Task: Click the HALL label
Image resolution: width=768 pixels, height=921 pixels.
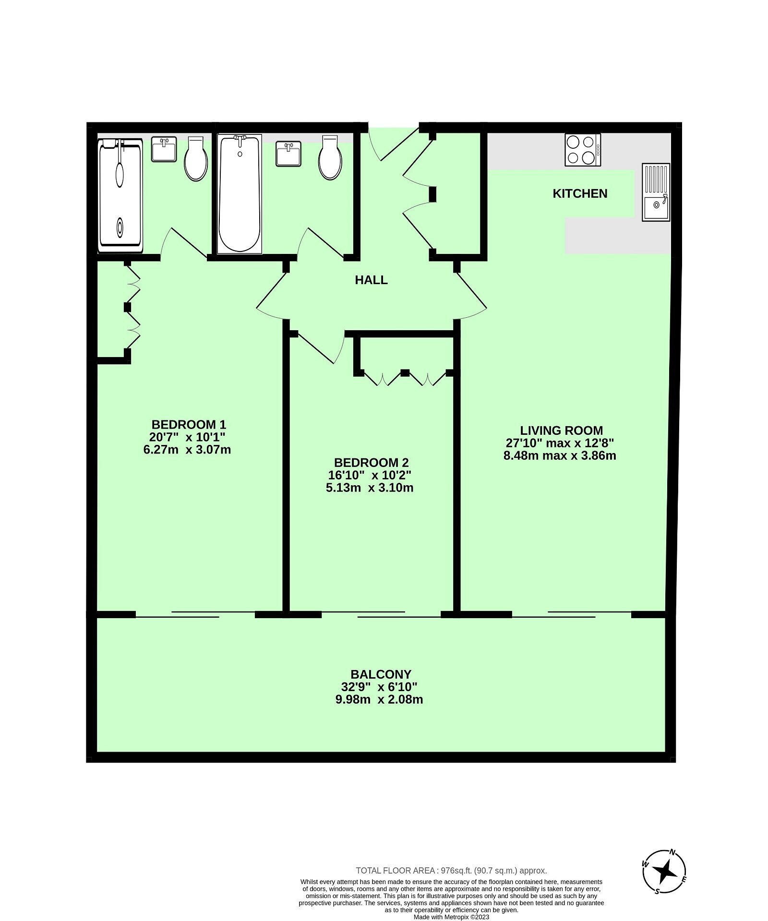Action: click(x=371, y=280)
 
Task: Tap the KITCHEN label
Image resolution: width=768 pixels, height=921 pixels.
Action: click(x=580, y=193)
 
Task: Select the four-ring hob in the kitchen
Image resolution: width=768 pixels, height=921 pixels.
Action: click(x=583, y=150)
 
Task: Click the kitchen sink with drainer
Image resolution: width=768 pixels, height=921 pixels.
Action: click(x=656, y=192)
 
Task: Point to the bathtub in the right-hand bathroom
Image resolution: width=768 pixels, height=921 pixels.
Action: click(x=240, y=194)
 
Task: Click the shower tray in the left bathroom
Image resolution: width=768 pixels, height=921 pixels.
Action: click(x=120, y=195)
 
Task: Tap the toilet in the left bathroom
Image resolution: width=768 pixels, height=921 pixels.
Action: click(x=196, y=158)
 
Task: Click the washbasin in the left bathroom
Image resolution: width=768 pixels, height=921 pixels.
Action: click(x=165, y=149)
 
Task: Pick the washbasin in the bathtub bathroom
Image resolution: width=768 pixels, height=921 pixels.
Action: click(x=289, y=154)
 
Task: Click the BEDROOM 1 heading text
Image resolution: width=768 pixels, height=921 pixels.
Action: click(x=189, y=424)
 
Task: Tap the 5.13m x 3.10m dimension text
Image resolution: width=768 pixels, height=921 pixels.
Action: click(x=370, y=488)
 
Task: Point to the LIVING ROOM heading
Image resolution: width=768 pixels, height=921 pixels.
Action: click(x=562, y=431)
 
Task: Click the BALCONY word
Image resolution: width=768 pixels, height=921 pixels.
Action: click(x=381, y=674)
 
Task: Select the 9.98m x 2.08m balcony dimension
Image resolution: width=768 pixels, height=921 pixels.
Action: click(x=379, y=700)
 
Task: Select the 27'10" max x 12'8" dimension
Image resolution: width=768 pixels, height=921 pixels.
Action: click(x=560, y=443)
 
